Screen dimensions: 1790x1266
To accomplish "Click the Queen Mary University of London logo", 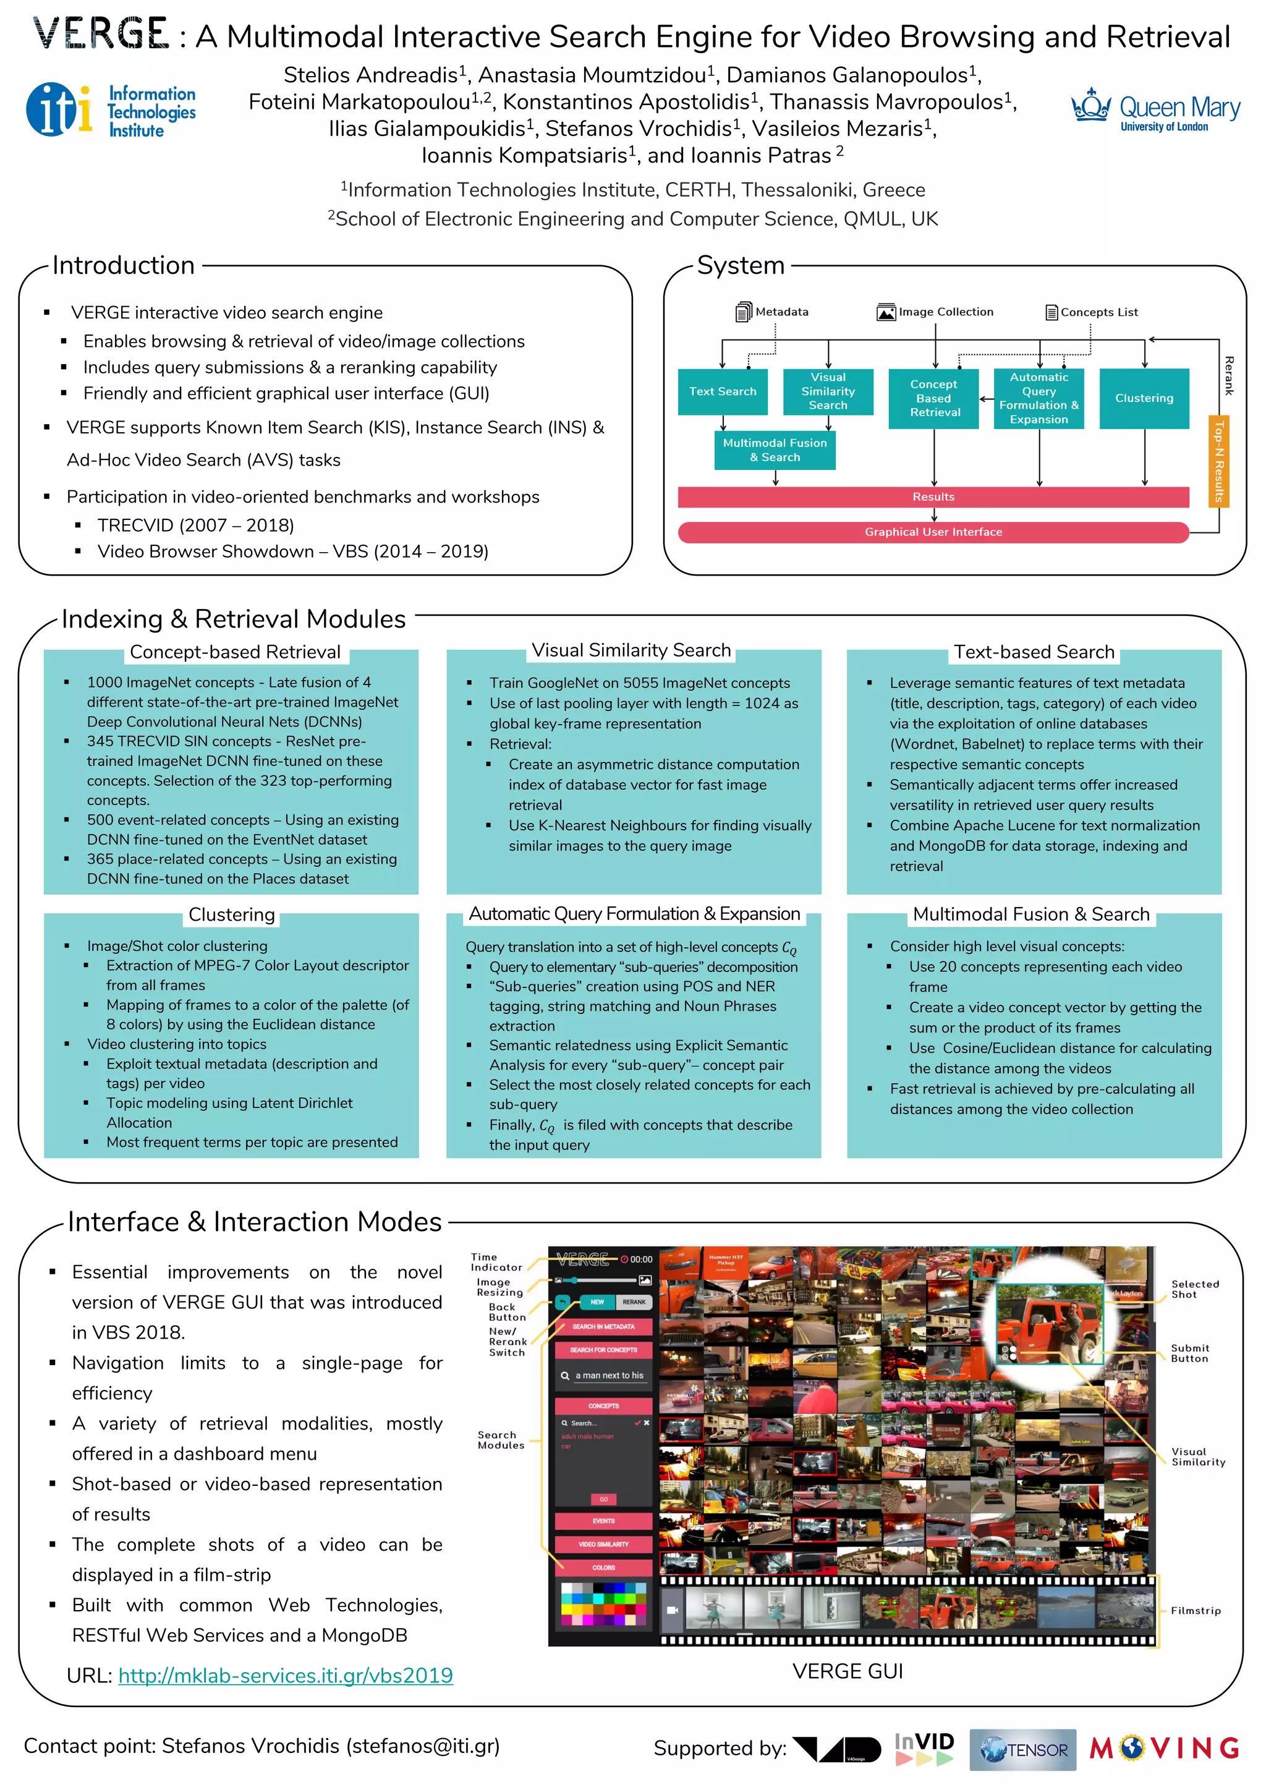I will pyautogui.click(x=1155, y=111).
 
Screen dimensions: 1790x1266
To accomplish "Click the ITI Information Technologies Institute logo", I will pyautogui.click(x=111, y=111).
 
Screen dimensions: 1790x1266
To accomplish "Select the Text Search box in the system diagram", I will pyautogui.click(x=722, y=391).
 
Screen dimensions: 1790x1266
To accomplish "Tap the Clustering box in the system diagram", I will pyautogui.click(x=1144, y=398).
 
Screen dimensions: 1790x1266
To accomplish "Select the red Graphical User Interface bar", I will pyautogui.click(x=933, y=532).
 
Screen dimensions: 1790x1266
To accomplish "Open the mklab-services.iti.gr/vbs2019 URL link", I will pyautogui.click(x=286, y=1676).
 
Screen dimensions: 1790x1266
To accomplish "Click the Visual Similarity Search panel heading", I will pyautogui.click(x=631, y=650).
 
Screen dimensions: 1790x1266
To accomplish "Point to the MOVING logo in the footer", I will pyautogui.click(x=1165, y=1749).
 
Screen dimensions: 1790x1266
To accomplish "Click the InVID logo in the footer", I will pyautogui.click(x=925, y=1749).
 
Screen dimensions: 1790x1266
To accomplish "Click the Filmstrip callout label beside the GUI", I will pyautogui.click(x=1195, y=1611).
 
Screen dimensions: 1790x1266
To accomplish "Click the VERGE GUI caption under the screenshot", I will pyautogui.click(x=848, y=1671).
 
